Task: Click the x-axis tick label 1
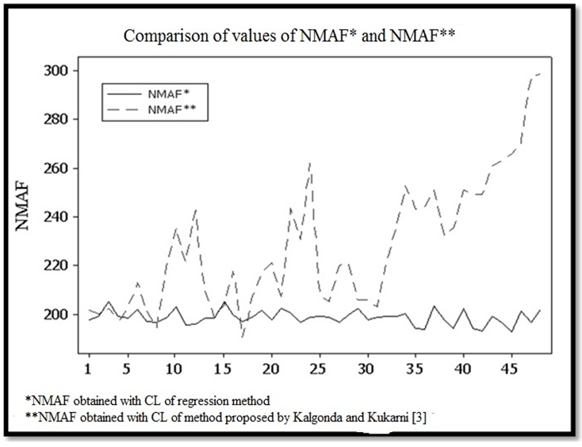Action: coord(89,369)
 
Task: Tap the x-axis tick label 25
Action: coord(318,369)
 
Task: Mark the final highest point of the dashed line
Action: coord(540,74)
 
